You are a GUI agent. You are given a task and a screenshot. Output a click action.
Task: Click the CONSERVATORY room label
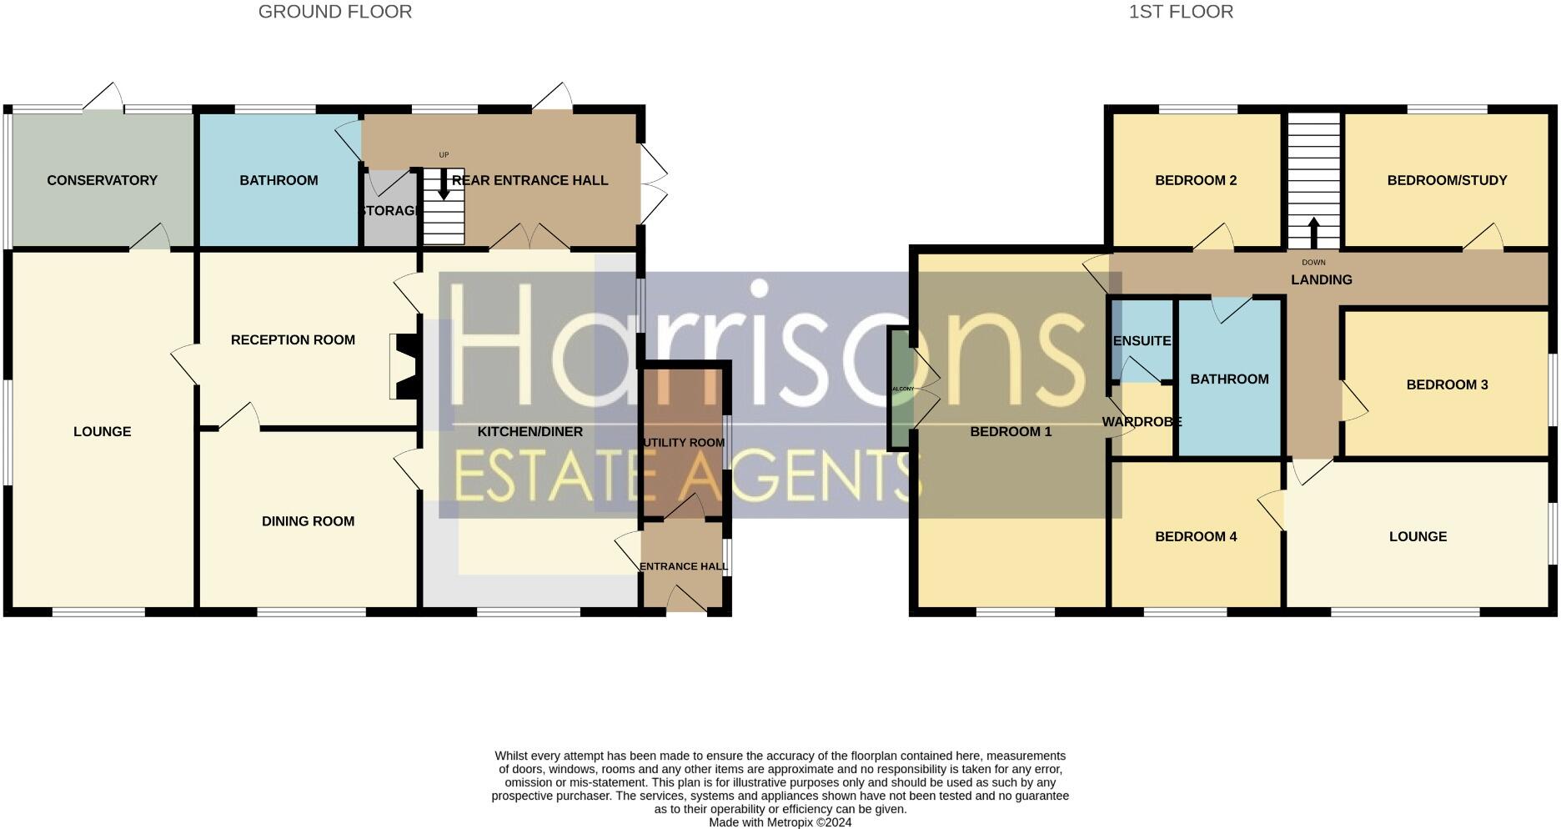(x=102, y=180)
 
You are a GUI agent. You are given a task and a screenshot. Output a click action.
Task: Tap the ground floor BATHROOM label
(x=279, y=180)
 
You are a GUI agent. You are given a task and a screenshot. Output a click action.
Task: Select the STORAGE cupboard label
(x=389, y=211)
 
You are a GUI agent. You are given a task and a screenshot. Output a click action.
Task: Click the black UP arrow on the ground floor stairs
(x=444, y=183)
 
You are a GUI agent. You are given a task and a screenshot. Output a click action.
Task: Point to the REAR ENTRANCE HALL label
(x=530, y=180)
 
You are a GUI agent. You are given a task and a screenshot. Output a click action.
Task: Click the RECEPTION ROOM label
(x=293, y=339)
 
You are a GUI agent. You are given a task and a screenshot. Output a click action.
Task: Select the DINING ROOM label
(x=308, y=521)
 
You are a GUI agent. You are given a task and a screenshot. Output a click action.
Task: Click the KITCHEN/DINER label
(x=530, y=431)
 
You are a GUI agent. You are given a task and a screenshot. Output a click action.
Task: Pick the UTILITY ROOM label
(x=683, y=442)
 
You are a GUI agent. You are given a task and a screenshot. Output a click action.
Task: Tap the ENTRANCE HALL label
(x=683, y=566)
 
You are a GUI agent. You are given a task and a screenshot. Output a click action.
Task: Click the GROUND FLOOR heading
(x=334, y=12)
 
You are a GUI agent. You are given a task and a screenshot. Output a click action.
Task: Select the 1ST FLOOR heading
(x=1181, y=12)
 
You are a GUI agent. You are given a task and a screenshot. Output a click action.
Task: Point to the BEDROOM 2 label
(x=1195, y=180)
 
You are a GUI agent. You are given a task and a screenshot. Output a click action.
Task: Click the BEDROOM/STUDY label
(x=1447, y=180)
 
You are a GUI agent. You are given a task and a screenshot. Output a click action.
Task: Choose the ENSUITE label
(x=1142, y=340)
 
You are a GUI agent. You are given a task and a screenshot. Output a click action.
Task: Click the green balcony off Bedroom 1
(x=899, y=389)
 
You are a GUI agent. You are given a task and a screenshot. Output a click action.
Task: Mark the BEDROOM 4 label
(x=1195, y=536)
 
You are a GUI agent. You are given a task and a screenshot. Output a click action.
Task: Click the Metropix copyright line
(x=780, y=822)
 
